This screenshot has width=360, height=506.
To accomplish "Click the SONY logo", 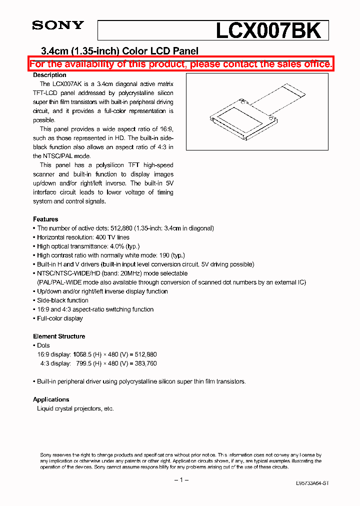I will pos(58,25).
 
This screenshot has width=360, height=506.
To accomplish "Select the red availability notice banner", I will pos(180,64).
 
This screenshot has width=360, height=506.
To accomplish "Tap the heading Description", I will pos(49,75).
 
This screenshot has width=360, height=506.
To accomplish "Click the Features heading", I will pos(45,219).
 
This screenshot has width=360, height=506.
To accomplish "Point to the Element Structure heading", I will pos(59,336).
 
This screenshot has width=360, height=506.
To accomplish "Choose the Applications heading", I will pos(51,399).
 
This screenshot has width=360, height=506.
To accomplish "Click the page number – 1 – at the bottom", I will pos(180,480).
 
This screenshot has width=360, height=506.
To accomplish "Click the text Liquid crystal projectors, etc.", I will pos(75,408).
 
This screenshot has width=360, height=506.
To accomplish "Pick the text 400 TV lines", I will pos(112,237).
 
